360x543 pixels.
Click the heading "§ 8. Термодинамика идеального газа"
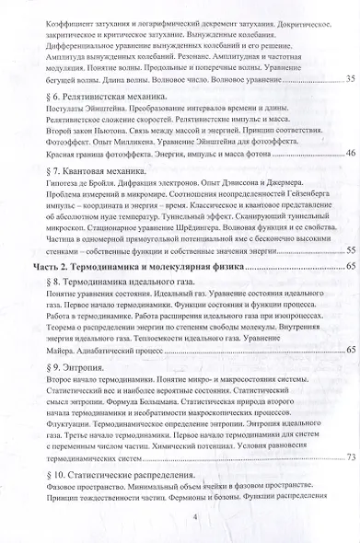[x=111, y=278]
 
